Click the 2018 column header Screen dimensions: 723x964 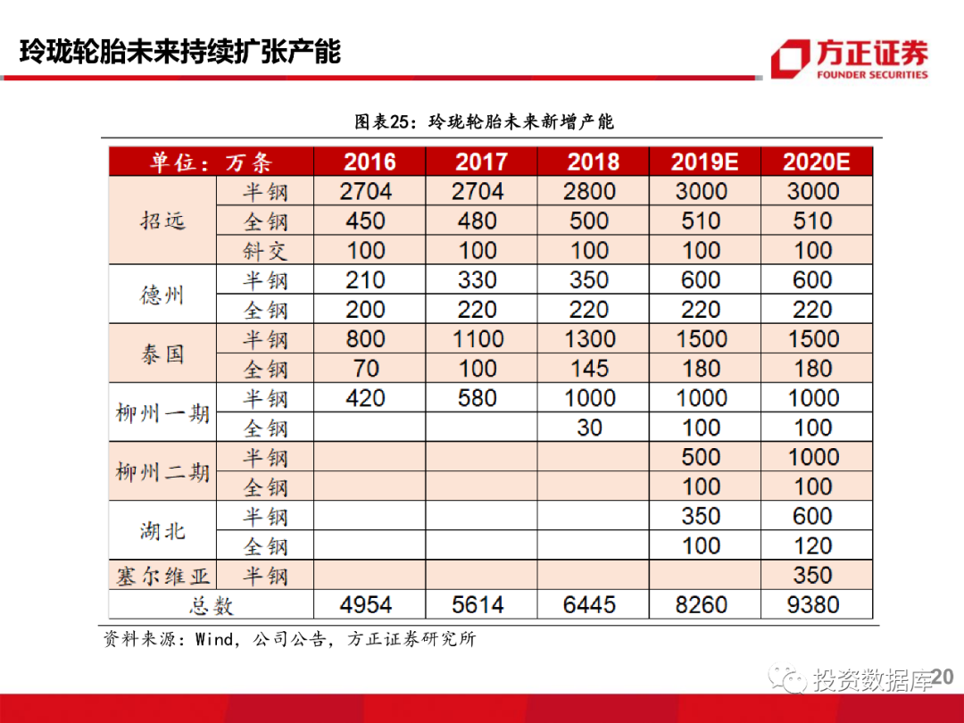tap(593, 162)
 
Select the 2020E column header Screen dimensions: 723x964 tap(815, 162)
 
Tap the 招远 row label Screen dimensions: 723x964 tap(162, 220)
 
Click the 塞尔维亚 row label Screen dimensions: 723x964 tap(162, 576)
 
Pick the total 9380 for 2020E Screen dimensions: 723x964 tap(813, 605)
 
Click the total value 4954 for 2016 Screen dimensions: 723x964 tap(366, 605)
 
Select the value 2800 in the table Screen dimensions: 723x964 tap(589, 191)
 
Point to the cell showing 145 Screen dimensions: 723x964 tap(589, 369)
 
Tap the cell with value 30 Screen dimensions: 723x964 tap(589, 428)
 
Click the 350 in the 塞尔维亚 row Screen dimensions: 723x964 tap(812, 576)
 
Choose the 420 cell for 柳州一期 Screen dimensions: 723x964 tap(365, 398)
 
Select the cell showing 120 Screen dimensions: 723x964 tap(812, 546)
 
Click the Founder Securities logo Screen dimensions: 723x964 tap(849, 60)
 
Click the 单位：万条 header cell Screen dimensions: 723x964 tap(211, 162)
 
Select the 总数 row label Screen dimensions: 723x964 tap(211, 606)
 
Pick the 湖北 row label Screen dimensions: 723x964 tap(162, 532)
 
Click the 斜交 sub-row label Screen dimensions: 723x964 tap(266, 251)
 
